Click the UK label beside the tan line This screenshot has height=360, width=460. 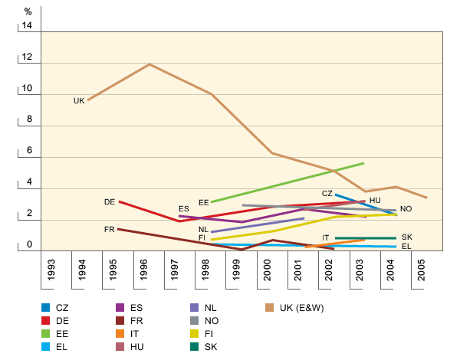pos(79,101)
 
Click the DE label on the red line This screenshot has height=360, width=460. pos(110,201)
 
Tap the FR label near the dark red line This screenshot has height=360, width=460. pos(110,230)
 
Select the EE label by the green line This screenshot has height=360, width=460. pos(204,203)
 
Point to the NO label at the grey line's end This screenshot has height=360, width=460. pos(406,209)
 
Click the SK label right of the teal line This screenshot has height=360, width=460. pos(407,237)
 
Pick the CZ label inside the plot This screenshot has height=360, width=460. pos(327,194)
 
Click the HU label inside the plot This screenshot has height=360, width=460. pos(375,200)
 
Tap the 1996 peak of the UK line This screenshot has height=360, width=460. pos(149,64)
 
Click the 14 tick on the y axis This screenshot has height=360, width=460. pos(28,26)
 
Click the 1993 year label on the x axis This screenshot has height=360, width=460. pos(51,273)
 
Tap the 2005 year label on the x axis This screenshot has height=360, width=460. pos(418,273)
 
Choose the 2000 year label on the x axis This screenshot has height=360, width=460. pos(267,273)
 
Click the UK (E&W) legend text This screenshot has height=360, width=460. pos(301,308)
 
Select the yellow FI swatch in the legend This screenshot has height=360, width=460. pos(194,334)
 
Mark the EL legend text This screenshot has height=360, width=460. pos(61,347)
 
